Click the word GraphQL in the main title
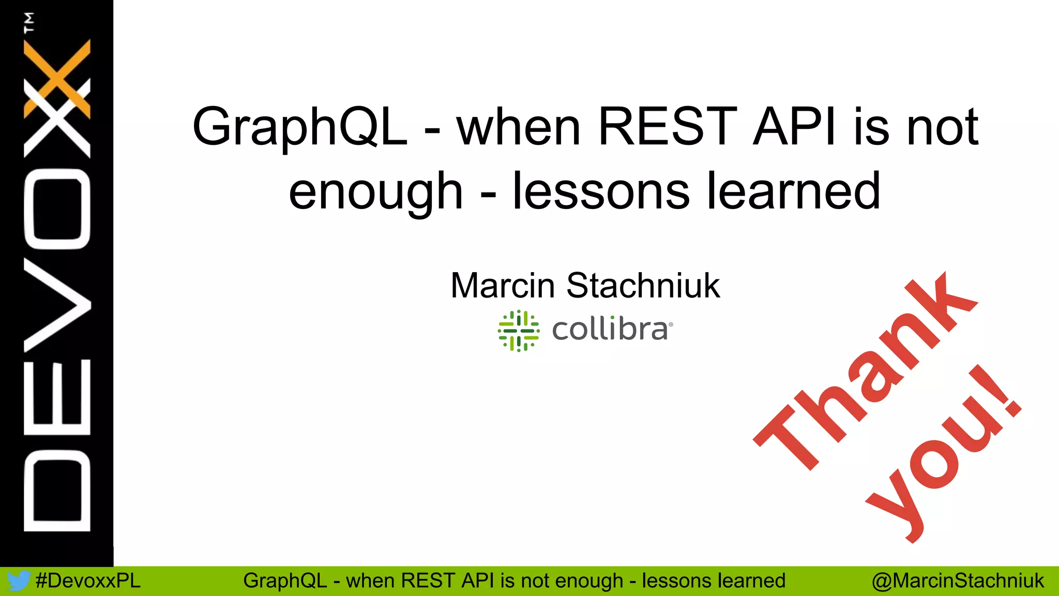click(300, 127)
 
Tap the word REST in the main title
click(667, 127)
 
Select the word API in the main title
click(794, 127)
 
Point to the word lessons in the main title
click(600, 191)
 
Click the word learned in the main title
click(794, 191)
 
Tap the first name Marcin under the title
click(503, 286)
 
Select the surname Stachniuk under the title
click(643, 286)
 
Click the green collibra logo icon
click(518, 331)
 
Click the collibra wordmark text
click(610, 330)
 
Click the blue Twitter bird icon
click(18, 581)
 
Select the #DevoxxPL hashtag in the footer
click(88, 581)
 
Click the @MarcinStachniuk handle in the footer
click(958, 581)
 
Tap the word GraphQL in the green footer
click(285, 581)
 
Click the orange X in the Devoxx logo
click(57, 78)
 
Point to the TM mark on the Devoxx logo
click(29, 22)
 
